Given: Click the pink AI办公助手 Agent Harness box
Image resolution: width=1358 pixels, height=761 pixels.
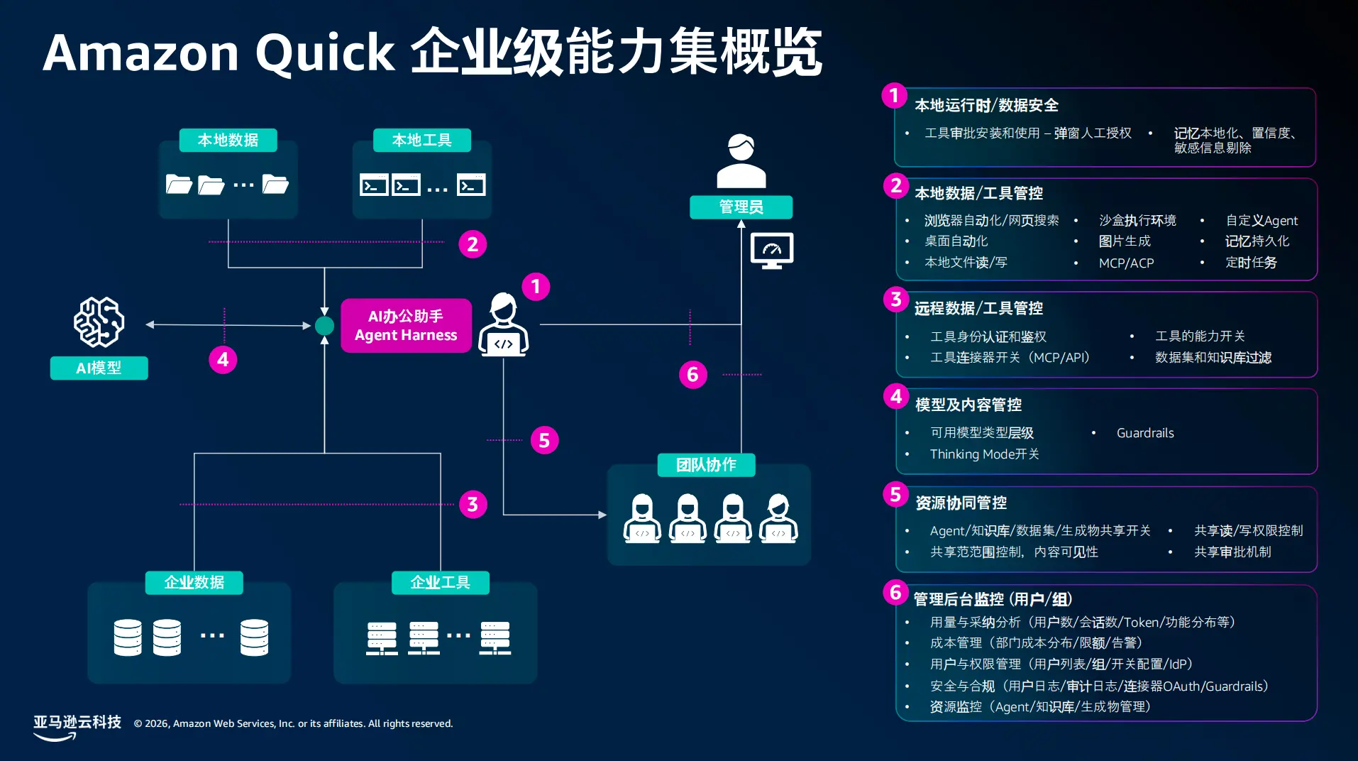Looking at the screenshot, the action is (x=406, y=325).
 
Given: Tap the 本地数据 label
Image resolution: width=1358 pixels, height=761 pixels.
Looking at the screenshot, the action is (x=228, y=140).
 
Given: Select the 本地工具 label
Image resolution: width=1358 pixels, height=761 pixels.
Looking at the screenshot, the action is (x=422, y=140).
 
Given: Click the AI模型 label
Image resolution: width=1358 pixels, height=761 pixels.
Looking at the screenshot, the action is (x=99, y=368).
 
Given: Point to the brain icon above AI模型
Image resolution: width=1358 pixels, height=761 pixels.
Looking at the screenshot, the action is (x=99, y=322).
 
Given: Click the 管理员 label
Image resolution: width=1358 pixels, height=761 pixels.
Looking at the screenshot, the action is (x=741, y=207).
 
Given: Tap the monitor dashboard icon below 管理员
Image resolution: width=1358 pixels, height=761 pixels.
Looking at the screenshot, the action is (x=772, y=251).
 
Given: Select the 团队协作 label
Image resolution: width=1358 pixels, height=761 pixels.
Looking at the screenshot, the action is (x=706, y=465).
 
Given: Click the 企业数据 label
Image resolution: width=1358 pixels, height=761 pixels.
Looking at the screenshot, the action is (x=194, y=582).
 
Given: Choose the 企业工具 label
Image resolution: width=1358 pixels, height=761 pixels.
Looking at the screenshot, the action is (x=441, y=582).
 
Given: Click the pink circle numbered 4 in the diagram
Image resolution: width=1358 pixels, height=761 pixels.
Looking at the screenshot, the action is (x=223, y=359).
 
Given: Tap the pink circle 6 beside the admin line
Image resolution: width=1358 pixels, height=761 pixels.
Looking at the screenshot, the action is (x=692, y=374).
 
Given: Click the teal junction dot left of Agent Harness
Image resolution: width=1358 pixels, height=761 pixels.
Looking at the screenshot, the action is (x=324, y=325).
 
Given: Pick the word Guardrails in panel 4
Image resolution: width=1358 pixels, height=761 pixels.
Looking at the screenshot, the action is (x=1145, y=433).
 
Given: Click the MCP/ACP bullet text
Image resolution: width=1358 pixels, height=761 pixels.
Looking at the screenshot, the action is (x=1127, y=263).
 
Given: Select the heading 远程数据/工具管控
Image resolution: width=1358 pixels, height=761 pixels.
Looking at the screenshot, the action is (x=979, y=308).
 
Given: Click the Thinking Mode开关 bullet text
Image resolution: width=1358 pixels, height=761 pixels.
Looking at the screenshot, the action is (x=984, y=454).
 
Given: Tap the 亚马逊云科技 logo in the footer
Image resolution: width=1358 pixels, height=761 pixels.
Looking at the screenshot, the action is (x=77, y=727).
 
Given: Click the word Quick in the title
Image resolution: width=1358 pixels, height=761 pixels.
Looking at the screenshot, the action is (x=325, y=53).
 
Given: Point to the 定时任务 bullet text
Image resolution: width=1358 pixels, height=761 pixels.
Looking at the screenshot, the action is (x=1251, y=263).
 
